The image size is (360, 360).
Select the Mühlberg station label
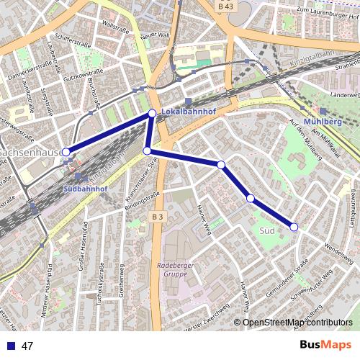322,121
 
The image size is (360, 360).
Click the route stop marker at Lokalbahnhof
152,114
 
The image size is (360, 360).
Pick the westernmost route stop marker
66,152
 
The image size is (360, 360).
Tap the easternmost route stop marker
294,227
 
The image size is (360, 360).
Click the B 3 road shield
158,215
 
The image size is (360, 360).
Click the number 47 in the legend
27,346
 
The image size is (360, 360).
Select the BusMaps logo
326,345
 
